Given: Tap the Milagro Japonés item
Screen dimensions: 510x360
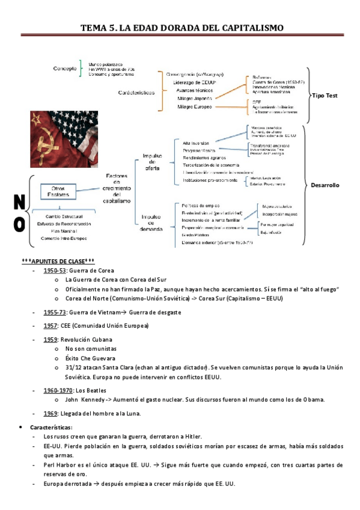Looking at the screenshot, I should (x=196, y=97).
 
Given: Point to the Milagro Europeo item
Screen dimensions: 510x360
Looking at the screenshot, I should (x=196, y=106).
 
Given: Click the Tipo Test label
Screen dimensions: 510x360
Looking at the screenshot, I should (x=326, y=96).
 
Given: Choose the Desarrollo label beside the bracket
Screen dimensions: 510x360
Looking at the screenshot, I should (x=325, y=186).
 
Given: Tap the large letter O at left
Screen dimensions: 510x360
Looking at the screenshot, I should (x=18, y=224).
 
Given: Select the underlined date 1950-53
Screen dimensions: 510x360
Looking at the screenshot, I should (x=54, y=271).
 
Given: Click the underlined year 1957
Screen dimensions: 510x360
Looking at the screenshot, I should (x=50, y=325).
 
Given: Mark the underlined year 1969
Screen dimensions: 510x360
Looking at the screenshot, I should (x=50, y=413).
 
